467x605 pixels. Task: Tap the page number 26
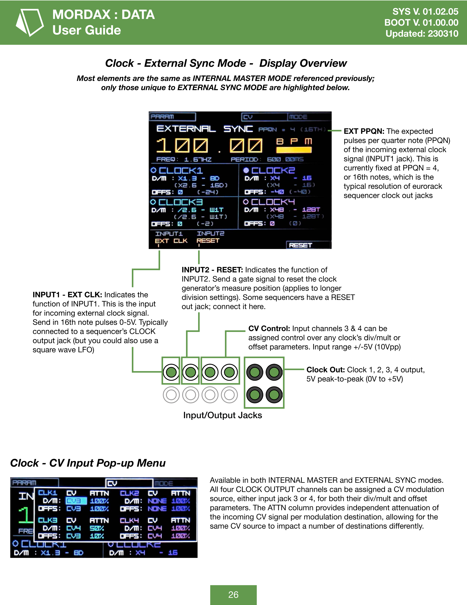[233, 595]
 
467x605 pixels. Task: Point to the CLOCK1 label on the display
[181, 170]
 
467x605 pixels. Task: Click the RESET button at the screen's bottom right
[308, 245]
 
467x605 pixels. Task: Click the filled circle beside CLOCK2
[246, 170]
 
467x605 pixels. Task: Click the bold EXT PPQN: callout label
[364, 131]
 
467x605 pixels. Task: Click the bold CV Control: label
[269, 329]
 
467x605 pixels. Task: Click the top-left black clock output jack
[255, 372]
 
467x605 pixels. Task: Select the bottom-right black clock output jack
[274, 395]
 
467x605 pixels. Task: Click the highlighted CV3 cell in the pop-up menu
[76, 501]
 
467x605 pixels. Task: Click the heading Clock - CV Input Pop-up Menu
[88, 463]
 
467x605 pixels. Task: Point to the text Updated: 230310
[422, 34]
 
